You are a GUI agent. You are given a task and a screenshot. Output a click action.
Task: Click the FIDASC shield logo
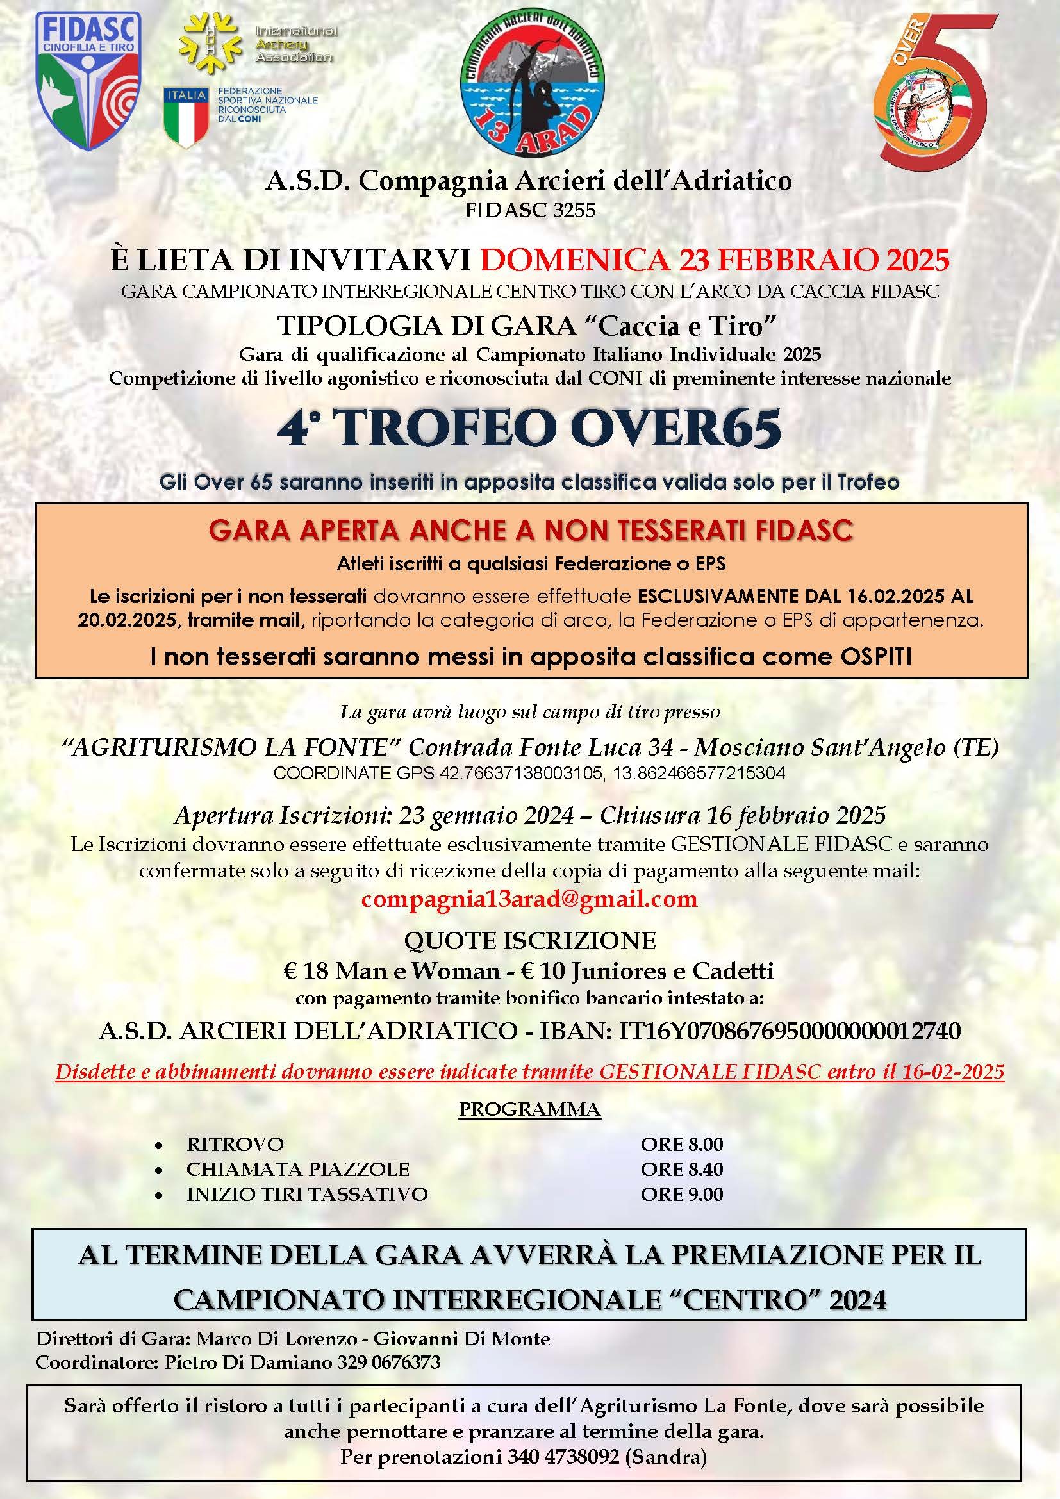click(87, 81)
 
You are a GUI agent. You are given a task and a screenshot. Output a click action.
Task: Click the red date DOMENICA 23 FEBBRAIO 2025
click(714, 260)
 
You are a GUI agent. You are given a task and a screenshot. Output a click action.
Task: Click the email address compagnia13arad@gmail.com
click(529, 899)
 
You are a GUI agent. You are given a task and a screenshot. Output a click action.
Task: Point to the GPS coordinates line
click(529, 774)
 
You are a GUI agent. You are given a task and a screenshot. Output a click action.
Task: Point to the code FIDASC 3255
click(529, 210)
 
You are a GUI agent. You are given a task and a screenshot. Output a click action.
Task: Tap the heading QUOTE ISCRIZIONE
click(529, 941)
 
